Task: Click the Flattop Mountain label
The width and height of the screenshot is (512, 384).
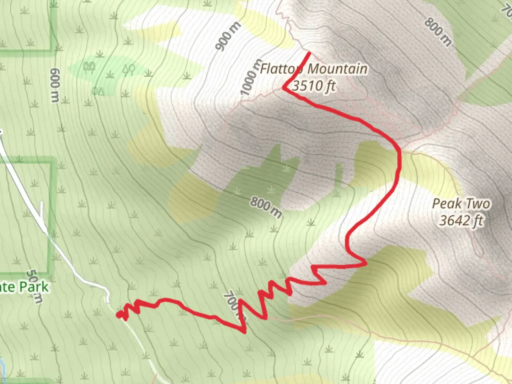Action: [314, 69]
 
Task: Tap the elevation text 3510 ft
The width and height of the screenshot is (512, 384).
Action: [314, 86]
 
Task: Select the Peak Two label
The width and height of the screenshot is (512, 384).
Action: [461, 204]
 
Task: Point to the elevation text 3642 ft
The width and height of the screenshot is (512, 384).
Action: [461, 220]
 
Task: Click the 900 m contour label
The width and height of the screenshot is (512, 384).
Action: [228, 36]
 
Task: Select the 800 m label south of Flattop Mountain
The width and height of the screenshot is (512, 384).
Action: [266, 208]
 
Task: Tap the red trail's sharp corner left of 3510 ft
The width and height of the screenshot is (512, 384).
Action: [284, 87]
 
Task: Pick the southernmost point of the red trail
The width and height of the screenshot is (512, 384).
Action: [244, 332]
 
